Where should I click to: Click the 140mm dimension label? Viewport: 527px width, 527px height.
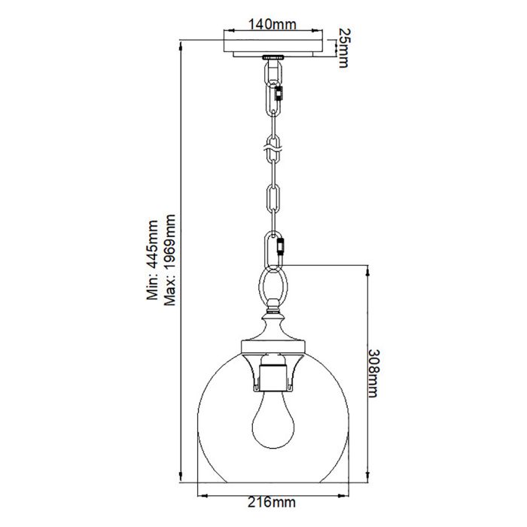tap(272, 25)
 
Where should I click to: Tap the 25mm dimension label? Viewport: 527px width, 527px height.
tap(343, 47)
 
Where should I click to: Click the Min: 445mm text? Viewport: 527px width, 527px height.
tap(153, 260)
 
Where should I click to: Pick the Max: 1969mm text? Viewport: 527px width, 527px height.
tap(169, 260)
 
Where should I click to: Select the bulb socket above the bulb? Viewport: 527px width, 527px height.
tap(272, 374)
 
